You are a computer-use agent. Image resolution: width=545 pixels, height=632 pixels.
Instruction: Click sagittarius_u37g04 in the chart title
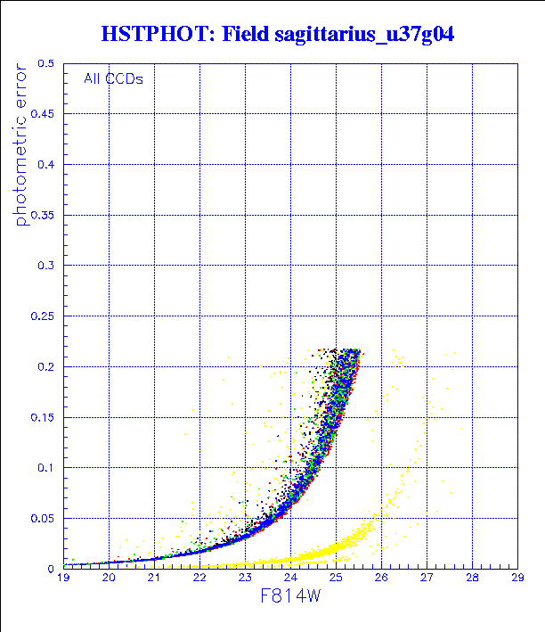coord(366,35)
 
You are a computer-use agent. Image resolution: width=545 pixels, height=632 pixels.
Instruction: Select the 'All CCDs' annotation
coord(113,78)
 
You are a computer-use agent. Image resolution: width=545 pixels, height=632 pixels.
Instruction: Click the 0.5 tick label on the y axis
coord(45,64)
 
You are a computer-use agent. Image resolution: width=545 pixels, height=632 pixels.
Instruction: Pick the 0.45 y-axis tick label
coord(42,114)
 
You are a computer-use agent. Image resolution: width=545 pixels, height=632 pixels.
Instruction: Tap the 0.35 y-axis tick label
coord(42,215)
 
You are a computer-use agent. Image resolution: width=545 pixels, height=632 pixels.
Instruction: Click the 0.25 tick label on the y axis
coord(42,316)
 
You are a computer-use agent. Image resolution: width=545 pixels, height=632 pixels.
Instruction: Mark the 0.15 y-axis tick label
coord(42,417)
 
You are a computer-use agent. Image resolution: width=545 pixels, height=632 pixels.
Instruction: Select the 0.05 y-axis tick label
coord(42,518)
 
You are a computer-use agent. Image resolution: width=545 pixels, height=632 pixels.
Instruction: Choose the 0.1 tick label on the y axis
coord(45,467)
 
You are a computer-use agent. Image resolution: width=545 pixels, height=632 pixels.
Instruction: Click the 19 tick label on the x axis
coord(63,579)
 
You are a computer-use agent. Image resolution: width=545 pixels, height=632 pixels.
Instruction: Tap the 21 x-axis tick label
coord(154,579)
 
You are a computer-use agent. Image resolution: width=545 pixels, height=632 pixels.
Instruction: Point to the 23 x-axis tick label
coord(245,579)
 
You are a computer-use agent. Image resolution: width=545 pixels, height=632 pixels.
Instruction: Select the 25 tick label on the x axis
coord(336,579)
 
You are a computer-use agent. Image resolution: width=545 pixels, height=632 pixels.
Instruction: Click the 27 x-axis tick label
coord(427,579)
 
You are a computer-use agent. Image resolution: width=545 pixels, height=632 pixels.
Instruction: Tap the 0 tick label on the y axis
coord(51,568)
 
